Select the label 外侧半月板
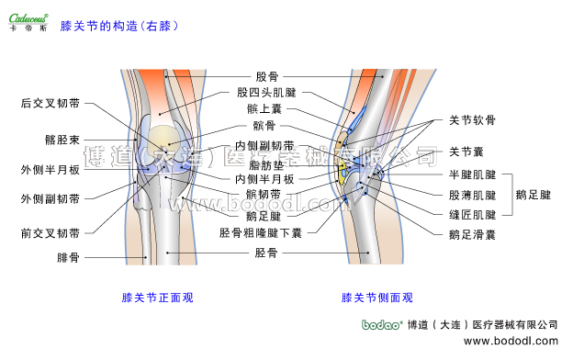[x=50, y=170]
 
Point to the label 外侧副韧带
[x=50, y=199]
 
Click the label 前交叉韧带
[x=50, y=233]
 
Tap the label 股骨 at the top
[x=266, y=77]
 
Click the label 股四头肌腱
[x=266, y=93]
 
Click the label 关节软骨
[x=472, y=120]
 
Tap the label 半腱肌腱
[x=472, y=174]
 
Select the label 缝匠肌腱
[x=472, y=214]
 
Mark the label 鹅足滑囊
[x=472, y=235]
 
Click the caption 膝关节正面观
[x=158, y=298]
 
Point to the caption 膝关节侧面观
[x=376, y=298]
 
